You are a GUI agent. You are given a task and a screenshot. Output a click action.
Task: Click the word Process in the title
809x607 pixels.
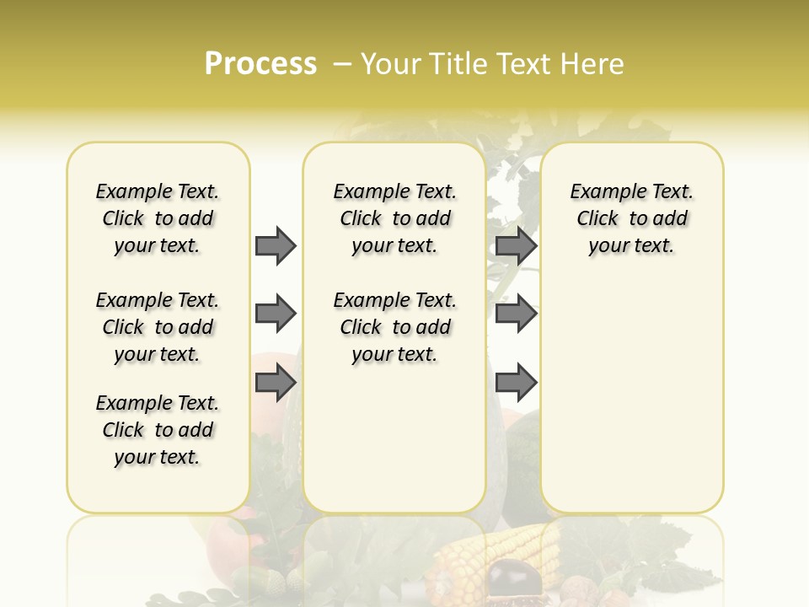click(x=260, y=64)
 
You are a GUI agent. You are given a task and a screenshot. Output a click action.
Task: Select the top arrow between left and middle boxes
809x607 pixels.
click(x=276, y=245)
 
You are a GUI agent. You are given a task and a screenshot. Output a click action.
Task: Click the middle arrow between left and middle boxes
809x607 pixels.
click(x=276, y=314)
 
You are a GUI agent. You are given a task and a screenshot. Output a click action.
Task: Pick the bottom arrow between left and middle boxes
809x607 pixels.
click(x=276, y=384)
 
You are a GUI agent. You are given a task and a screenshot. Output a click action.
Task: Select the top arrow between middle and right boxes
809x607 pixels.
click(x=516, y=245)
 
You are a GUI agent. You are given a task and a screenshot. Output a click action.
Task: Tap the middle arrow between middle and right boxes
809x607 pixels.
click(x=516, y=314)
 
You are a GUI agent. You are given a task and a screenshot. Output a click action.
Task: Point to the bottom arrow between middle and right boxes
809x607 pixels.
click(x=516, y=384)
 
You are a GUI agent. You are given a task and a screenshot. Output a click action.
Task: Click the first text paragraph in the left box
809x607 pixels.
click(x=158, y=218)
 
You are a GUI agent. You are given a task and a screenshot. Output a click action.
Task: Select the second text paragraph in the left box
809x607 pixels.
click(x=158, y=327)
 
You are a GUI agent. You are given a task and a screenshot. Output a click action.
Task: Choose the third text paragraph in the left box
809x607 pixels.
click(x=158, y=430)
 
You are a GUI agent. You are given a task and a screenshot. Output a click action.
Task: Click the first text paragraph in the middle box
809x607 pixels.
click(x=395, y=218)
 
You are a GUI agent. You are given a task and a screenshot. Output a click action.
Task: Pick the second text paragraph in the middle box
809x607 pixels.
click(x=395, y=327)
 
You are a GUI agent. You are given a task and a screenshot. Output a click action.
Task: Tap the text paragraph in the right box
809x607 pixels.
click(x=632, y=218)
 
